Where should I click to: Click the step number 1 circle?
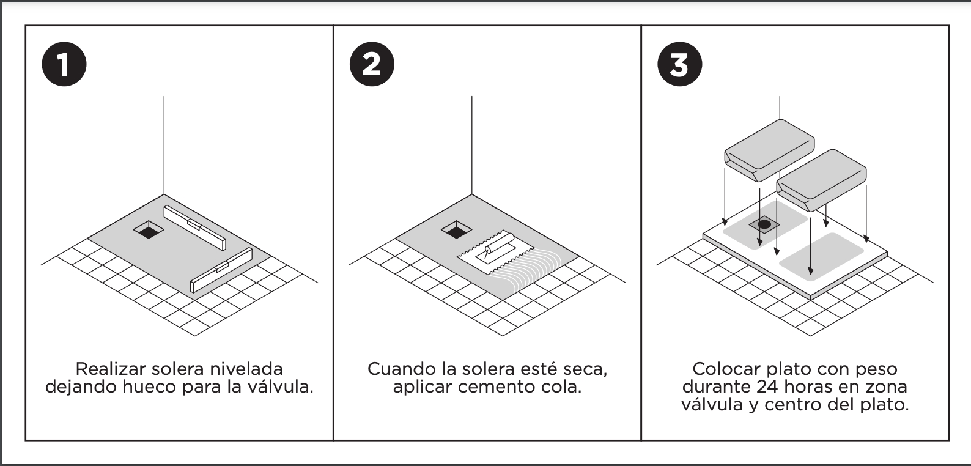point(64,64)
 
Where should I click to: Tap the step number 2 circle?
point(372,64)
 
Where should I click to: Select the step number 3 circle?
point(680,64)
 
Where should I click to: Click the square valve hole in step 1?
point(149,230)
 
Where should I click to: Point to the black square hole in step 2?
point(457,230)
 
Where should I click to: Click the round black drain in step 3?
point(764,224)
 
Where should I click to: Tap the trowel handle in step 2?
point(499,243)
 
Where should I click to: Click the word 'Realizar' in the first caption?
point(111,369)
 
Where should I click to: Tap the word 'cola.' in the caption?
point(561,386)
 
